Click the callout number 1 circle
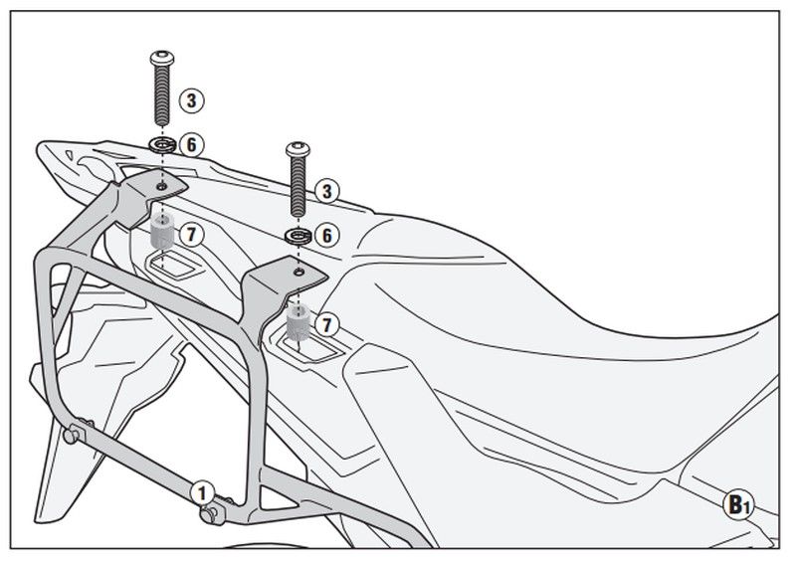tap(202, 493)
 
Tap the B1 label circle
tap(738, 504)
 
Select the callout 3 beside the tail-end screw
tap(191, 100)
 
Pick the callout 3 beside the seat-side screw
tap(326, 191)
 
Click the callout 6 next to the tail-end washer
tap(191, 144)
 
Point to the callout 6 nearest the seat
tap(326, 235)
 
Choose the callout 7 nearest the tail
tap(191, 234)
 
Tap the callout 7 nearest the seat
tap(326, 325)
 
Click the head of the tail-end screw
tap(162, 58)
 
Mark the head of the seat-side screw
tap(298, 149)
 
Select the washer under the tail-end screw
tap(162, 145)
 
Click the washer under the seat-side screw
tap(298, 236)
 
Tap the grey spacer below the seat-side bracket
tap(298, 322)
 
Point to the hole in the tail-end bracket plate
tap(161, 186)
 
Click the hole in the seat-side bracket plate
tap(299, 273)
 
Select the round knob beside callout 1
tap(210, 514)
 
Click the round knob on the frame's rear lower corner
tap(72, 435)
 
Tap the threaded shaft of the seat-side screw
tap(298, 186)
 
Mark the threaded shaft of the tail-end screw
tap(162, 94)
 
